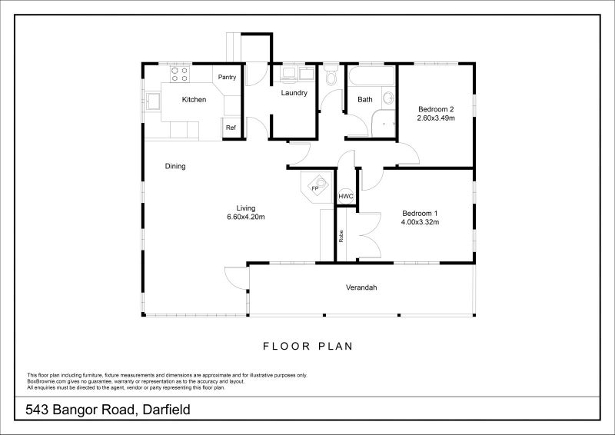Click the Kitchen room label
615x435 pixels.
194,99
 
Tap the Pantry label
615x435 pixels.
227,77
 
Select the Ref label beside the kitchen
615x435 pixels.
231,128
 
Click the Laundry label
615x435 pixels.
294,93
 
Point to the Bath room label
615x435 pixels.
365,99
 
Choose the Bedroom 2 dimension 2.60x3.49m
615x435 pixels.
437,118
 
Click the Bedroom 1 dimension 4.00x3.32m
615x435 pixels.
420,222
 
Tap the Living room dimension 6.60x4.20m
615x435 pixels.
246,217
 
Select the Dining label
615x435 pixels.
175,166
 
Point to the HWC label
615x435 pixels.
346,196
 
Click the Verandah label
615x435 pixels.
361,287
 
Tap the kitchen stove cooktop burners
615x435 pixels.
180,74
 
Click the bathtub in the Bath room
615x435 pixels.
371,78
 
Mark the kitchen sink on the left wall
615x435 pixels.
153,100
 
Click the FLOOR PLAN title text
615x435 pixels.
307,346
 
